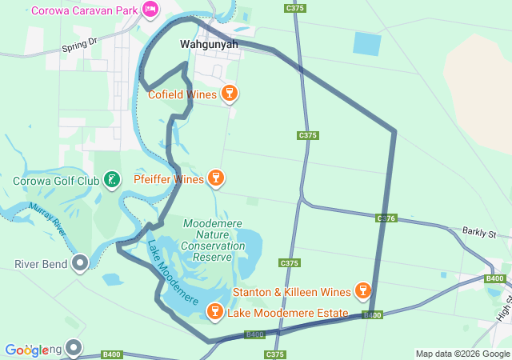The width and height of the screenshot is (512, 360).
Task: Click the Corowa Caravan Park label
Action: [83, 10]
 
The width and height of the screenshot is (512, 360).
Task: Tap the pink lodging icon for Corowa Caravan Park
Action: [150, 10]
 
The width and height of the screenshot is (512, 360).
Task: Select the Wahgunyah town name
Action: [209, 45]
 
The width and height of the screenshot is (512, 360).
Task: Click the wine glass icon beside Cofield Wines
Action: [230, 94]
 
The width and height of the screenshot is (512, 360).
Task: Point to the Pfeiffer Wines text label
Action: [169, 179]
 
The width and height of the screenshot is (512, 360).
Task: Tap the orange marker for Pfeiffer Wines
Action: [214, 178]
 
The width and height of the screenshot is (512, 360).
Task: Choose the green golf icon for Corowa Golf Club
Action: [112, 181]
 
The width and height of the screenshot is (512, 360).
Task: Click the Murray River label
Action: [46, 217]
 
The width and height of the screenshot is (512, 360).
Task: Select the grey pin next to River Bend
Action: [80, 263]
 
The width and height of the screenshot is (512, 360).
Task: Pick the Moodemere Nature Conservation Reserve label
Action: [213, 240]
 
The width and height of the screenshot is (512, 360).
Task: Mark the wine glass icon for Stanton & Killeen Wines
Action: [362, 290]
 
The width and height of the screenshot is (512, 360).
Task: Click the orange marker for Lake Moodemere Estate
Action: [214, 312]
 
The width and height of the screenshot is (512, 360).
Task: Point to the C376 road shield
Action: [387, 218]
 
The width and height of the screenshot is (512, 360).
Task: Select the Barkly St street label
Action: [479, 232]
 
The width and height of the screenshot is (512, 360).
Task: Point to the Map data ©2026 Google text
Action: [462, 354]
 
